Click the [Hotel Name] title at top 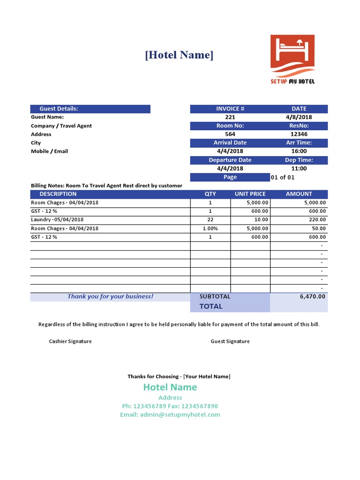[x=179, y=55]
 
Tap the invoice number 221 [x=230, y=117]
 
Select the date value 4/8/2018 [x=299, y=117]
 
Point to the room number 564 [x=230, y=134]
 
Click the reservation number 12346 [x=299, y=134]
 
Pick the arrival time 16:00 [x=299, y=151]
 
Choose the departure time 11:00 [x=299, y=168]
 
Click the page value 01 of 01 [x=283, y=177]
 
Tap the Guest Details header [x=59, y=109]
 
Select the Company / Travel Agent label [x=61, y=126]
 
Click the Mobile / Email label [x=49, y=151]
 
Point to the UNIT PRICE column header [x=250, y=194]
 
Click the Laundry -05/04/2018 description [x=57, y=219]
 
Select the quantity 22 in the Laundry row [x=210, y=219]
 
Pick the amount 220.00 [x=316, y=219]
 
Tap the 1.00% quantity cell [x=210, y=228]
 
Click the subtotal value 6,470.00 [x=312, y=296]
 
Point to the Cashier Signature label [x=70, y=341]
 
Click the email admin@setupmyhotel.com [x=170, y=414]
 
